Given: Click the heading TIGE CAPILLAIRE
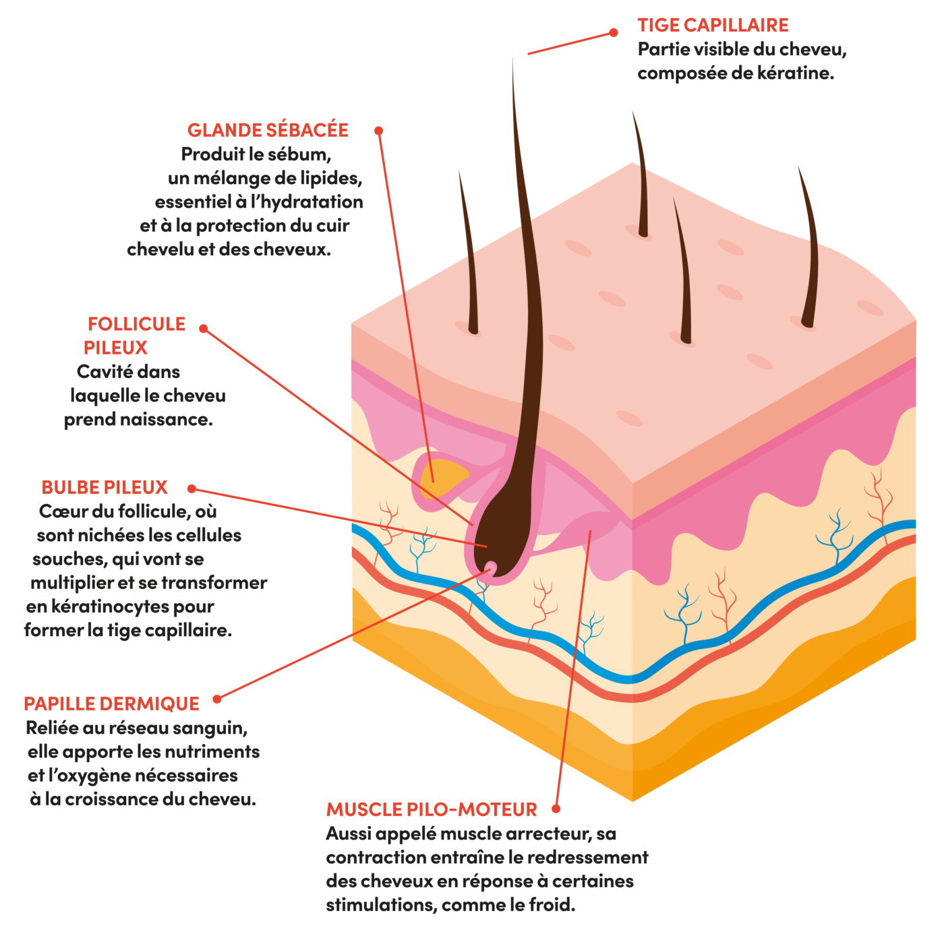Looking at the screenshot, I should pyautogui.click(x=713, y=25).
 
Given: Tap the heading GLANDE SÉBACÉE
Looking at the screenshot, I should pyautogui.click(x=268, y=130).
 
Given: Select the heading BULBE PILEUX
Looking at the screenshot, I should pyautogui.click(x=105, y=487).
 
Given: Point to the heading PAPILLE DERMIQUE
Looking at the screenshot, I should pyautogui.click(x=111, y=704).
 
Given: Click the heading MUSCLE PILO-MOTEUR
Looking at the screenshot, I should pyautogui.click(x=432, y=809).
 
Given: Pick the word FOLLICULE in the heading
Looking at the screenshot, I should pyautogui.click(x=136, y=324).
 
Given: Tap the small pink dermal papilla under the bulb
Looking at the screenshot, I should pyautogui.click(x=490, y=568).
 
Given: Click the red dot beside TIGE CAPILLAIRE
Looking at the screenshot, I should pyautogui.click(x=614, y=32).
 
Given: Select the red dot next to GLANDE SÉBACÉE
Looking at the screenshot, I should pyautogui.click(x=379, y=130).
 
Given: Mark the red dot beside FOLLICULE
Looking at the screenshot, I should pyautogui.click(x=203, y=328).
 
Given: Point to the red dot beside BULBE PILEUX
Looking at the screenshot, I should pyautogui.click(x=191, y=488).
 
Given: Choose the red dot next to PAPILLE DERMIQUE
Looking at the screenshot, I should pyautogui.click(x=216, y=699).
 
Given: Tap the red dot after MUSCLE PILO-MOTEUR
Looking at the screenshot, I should pyautogui.click(x=556, y=808).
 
